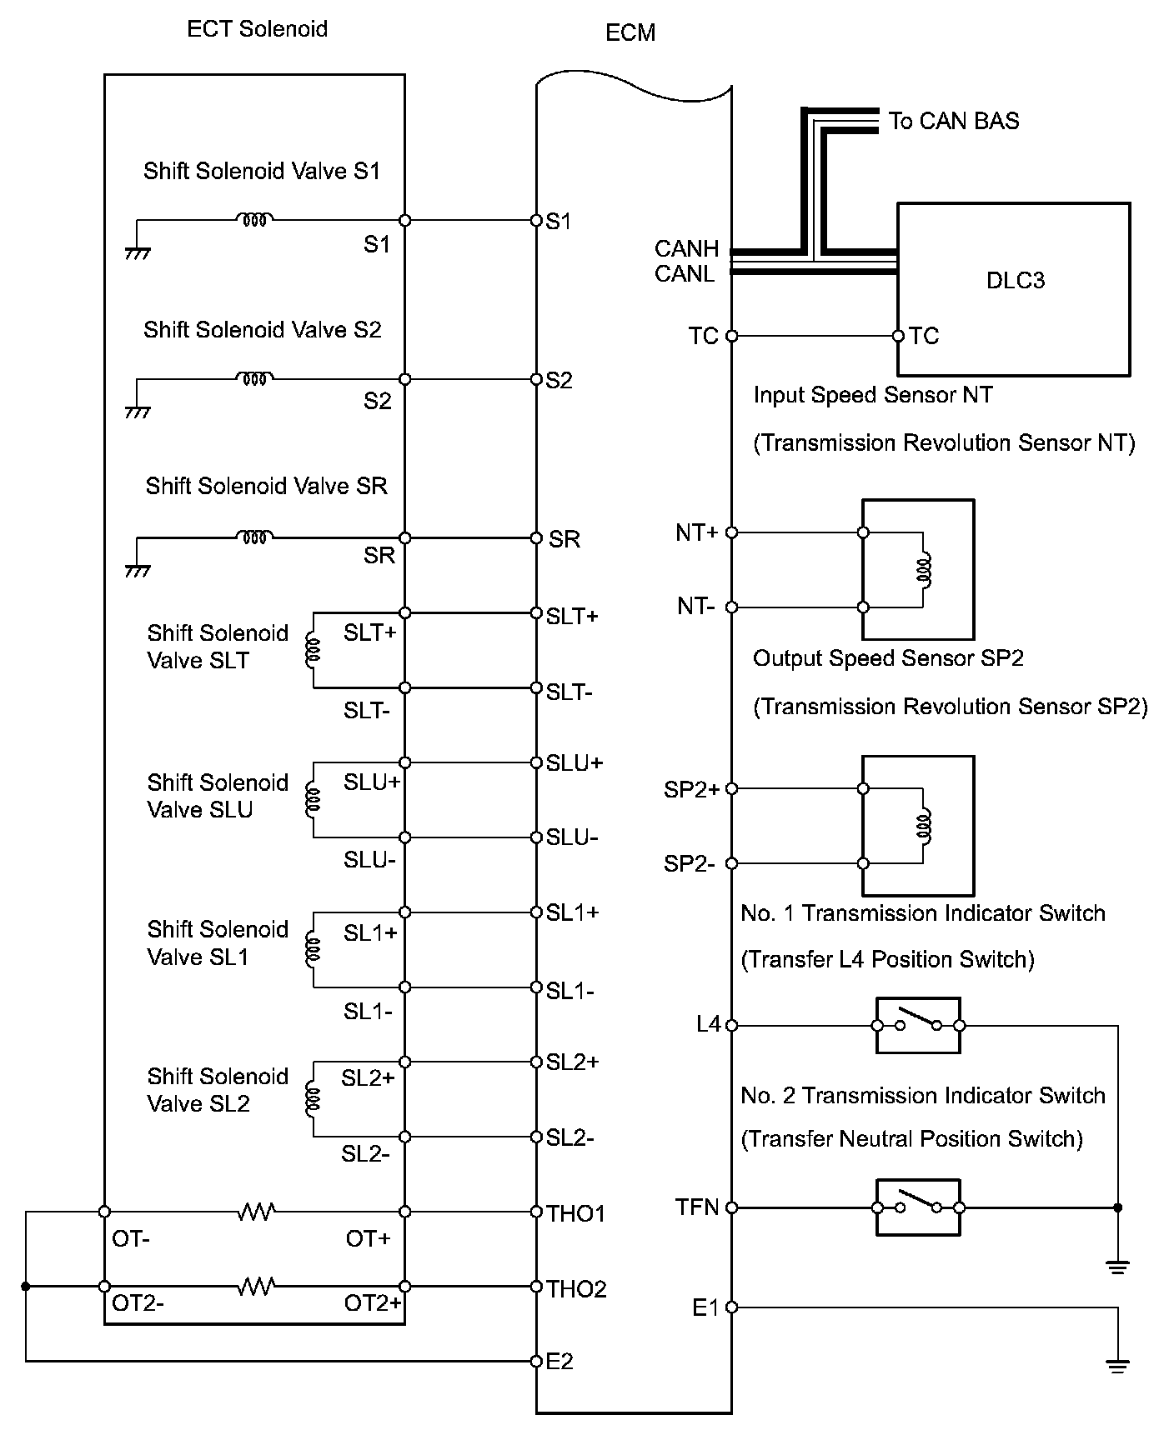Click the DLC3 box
point(1013,287)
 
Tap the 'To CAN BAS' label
point(953,121)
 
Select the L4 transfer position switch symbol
point(917,1025)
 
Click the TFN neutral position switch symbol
point(917,1207)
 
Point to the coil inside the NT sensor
point(923,570)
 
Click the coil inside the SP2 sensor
point(923,826)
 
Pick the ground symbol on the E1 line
point(1117,1366)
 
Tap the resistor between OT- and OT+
point(256,1212)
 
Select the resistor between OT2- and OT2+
point(256,1287)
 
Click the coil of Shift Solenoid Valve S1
point(254,220)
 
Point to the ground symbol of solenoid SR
point(137,572)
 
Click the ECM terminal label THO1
point(575,1213)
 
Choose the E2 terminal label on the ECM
point(559,1362)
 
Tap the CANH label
point(686,248)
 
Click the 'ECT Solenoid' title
point(257,29)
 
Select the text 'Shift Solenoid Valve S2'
point(262,330)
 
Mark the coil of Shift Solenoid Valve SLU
point(313,800)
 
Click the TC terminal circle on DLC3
point(898,336)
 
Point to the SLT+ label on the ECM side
point(572,616)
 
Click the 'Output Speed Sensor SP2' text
point(888,658)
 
